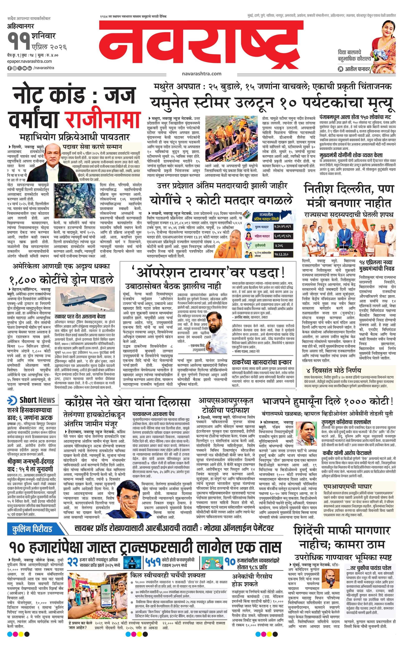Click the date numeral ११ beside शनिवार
click(19, 41)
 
